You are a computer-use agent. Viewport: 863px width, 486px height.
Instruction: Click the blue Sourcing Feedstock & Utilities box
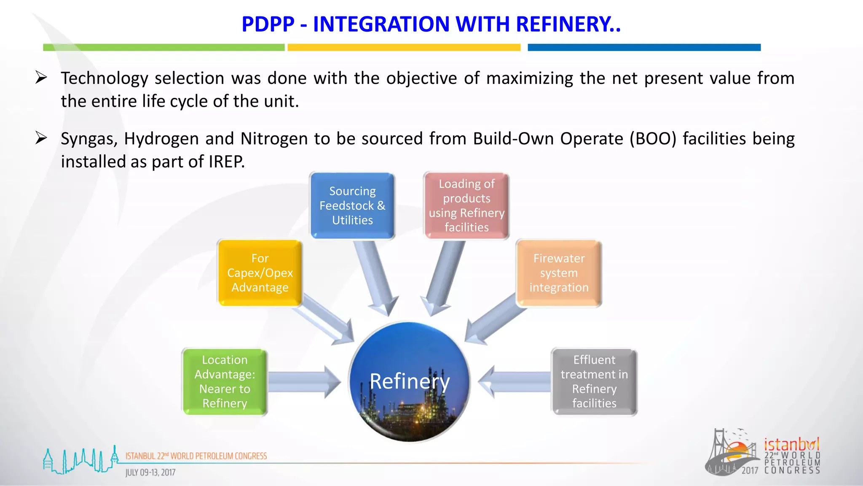352,205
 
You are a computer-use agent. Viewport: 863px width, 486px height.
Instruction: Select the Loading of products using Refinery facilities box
466,205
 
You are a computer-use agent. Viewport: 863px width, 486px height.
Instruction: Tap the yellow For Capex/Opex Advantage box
260,273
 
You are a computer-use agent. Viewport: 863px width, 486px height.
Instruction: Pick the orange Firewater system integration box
559,273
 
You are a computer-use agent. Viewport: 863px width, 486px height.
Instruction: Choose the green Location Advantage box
225,381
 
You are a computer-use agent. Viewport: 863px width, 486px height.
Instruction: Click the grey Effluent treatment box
594,381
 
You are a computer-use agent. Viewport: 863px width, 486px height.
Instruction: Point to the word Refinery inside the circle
410,381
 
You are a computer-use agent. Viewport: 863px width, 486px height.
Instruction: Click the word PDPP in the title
268,24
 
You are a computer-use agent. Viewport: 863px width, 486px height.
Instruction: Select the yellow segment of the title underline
404,47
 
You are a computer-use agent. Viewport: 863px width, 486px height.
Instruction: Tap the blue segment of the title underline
644,47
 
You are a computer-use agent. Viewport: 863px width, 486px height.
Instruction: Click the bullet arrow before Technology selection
41,78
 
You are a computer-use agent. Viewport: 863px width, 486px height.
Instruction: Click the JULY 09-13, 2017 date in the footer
150,472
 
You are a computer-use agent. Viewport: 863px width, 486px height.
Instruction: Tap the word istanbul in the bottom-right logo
791,445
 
